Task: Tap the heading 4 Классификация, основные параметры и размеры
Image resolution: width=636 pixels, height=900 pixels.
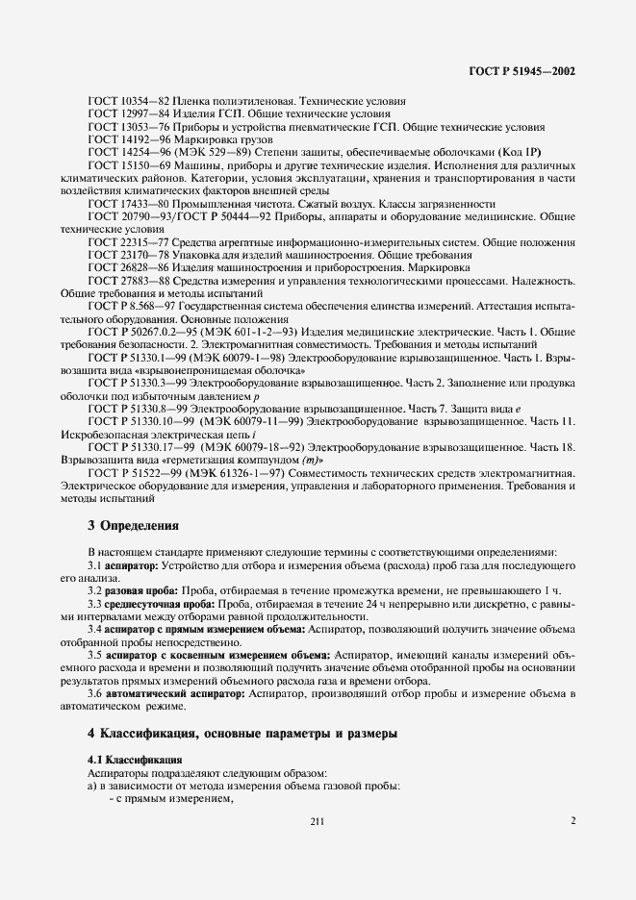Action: pyautogui.click(x=242, y=736)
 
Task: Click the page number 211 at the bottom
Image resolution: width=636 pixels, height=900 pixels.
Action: pyautogui.click(x=318, y=821)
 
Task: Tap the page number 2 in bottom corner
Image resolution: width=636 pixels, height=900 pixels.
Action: pyautogui.click(x=572, y=821)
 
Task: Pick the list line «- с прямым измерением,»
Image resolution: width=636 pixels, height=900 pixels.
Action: pyautogui.click(x=173, y=799)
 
